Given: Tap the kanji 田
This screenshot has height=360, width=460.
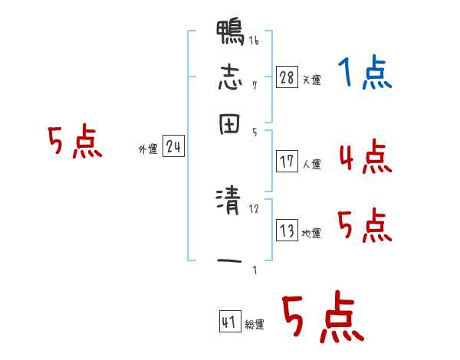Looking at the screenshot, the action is [x=230, y=126].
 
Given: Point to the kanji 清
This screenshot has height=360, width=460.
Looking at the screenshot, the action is [x=230, y=203].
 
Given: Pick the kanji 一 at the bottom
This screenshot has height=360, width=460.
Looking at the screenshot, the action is [x=230, y=262].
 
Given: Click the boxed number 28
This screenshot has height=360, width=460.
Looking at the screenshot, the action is [x=287, y=77].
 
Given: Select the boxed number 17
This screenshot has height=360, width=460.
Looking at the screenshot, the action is [x=287, y=161].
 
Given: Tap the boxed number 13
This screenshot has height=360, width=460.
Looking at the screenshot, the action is [x=287, y=231].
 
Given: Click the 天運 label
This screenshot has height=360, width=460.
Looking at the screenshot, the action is [x=311, y=80].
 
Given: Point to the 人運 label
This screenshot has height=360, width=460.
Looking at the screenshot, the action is [x=311, y=164].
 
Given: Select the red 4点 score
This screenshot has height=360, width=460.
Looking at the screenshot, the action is [x=364, y=157].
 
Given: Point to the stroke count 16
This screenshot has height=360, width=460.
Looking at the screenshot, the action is [x=253, y=41].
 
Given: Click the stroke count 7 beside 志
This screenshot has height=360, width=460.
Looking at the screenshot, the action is [x=254, y=85].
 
